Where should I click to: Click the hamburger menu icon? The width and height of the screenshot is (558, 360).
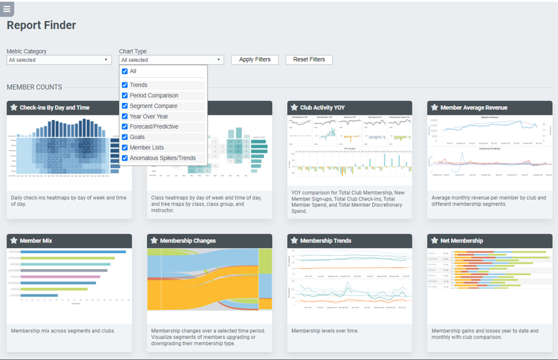[x=7, y=9]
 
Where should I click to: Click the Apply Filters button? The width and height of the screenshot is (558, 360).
[x=254, y=59]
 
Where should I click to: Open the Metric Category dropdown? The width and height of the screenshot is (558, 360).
[x=59, y=60]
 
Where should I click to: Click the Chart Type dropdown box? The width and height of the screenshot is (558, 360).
[x=171, y=60]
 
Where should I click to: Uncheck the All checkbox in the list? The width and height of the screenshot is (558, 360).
[x=125, y=71]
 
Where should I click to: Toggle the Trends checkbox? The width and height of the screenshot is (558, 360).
[x=125, y=85]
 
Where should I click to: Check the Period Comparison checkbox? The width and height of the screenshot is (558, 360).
[x=125, y=96]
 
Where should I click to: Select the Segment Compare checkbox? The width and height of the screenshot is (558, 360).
[x=125, y=106]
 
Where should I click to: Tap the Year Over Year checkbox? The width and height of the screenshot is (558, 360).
[x=125, y=117]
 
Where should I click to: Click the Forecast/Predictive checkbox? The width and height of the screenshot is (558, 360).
[x=125, y=127]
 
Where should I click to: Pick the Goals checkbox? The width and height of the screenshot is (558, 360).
[x=125, y=137]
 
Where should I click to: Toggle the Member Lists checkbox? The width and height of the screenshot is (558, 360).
[x=125, y=148]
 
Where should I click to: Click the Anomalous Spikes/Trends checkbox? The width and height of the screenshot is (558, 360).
[x=125, y=158]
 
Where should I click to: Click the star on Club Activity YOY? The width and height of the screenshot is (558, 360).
[x=294, y=107]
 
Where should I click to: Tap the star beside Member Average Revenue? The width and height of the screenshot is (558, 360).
[x=434, y=107]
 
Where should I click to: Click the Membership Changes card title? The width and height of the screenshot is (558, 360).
[x=187, y=241]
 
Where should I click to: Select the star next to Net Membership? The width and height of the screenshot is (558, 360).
[x=434, y=241]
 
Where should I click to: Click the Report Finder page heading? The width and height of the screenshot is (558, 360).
[x=42, y=26]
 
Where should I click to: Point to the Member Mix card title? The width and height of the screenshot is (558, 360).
[x=36, y=241]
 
